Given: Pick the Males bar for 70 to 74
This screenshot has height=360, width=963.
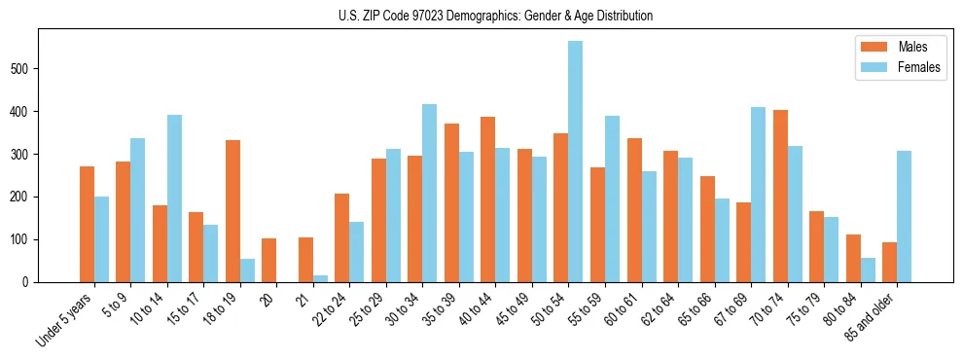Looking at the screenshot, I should (780, 196).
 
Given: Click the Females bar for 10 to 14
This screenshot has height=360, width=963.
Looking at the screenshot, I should (174, 198).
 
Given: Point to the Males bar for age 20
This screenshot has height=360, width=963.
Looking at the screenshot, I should (269, 260).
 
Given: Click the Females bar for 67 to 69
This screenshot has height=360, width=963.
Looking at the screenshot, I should (758, 195).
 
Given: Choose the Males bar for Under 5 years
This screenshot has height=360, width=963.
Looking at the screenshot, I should (87, 224).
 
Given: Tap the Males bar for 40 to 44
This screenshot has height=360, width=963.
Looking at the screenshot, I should (488, 199).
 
